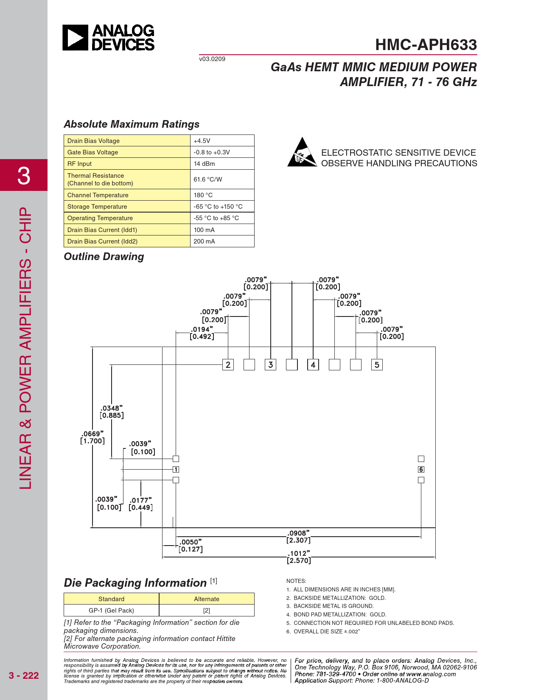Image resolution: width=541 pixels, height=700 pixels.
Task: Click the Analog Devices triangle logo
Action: click(x=76, y=38)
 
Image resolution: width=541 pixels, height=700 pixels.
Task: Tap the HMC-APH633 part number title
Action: click(x=426, y=45)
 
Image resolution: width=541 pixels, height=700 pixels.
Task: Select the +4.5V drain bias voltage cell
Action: click(x=202, y=141)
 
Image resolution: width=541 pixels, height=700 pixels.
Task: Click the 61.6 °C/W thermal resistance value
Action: click(x=208, y=179)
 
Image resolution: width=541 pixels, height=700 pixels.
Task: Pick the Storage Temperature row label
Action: click(x=97, y=207)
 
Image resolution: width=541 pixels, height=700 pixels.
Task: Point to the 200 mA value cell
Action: click(x=205, y=241)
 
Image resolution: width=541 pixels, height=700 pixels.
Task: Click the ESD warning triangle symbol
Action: click(x=302, y=153)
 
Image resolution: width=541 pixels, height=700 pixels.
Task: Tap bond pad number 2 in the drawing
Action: click(x=228, y=365)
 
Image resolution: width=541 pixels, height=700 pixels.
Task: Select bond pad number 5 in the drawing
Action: click(x=377, y=365)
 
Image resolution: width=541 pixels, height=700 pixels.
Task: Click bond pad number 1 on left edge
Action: click(x=176, y=469)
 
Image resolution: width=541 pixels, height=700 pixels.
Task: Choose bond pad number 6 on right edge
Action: click(x=421, y=469)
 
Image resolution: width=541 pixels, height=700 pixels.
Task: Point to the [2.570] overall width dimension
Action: click(x=299, y=560)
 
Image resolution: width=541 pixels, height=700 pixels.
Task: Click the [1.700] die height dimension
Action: click(x=93, y=441)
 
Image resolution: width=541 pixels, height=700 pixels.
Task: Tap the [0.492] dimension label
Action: click(x=202, y=336)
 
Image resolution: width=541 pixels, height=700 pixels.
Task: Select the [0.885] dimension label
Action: click(x=112, y=415)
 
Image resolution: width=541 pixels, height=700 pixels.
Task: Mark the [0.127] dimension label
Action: click(x=191, y=549)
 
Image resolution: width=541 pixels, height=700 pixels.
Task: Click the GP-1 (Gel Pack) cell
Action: click(x=111, y=610)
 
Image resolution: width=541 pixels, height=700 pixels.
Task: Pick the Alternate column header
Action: click(x=207, y=599)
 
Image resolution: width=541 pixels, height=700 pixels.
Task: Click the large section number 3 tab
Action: click(x=24, y=175)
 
